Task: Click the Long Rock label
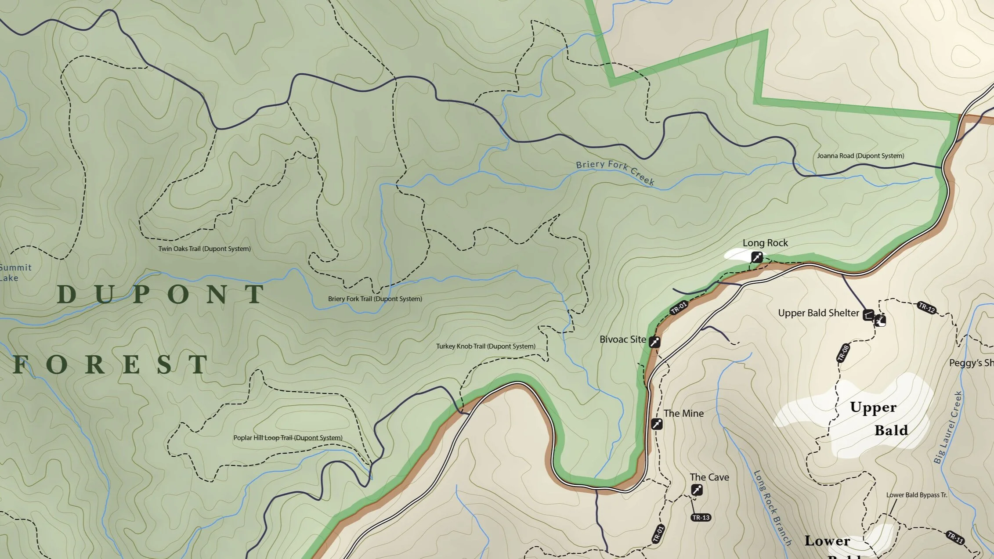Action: coord(765,243)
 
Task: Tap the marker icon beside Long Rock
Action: coord(756,257)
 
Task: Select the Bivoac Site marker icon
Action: coord(654,342)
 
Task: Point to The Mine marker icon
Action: coord(656,424)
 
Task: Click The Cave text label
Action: coord(709,477)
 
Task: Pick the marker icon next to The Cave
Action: coord(697,490)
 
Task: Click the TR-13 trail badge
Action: coord(701,517)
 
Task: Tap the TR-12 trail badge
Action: coord(926,308)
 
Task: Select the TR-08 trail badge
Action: coord(843,353)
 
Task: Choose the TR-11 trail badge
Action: coord(955,537)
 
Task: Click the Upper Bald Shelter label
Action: coord(818,313)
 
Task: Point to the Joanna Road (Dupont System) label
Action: coord(860,156)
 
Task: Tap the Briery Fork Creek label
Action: coord(615,172)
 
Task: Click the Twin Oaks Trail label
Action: coord(204,249)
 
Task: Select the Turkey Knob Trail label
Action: coord(485,346)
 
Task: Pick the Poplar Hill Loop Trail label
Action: coord(288,438)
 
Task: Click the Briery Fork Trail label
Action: coord(375,299)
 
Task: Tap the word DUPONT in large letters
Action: coord(161,294)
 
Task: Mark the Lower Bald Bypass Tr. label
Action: coord(916,495)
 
